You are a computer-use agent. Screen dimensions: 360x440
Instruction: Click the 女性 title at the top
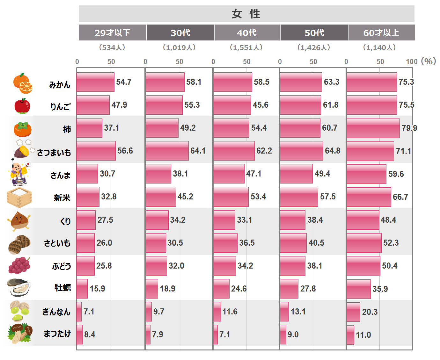click(x=246, y=14)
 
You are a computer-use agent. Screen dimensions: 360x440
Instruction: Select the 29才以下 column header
click(x=112, y=33)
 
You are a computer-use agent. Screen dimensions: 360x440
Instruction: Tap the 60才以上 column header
click(x=381, y=33)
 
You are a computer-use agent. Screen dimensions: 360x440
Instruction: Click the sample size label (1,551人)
click(x=246, y=47)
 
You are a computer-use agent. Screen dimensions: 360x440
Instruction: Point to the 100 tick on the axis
click(x=411, y=61)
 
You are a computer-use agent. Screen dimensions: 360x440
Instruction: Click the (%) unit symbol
click(x=428, y=61)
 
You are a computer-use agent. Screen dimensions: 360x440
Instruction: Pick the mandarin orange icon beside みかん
click(x=23, y=83)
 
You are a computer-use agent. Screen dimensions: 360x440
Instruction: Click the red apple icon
click(x=22, y=106)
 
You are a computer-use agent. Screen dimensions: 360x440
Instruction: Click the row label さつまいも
click(x=54, y=153)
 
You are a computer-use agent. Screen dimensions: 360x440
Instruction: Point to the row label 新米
click(x=62, y=198)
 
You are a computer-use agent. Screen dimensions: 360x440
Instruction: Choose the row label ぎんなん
click(x=56, y=312)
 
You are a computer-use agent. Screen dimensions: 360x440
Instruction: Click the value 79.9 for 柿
click(x=409, y=128)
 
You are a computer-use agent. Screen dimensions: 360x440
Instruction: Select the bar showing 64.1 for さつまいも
click(x=167, y=151)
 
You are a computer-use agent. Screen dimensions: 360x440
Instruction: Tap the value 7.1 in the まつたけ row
click(x=224, y=335)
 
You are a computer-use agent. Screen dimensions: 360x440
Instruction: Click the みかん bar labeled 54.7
click(x=95, y=82)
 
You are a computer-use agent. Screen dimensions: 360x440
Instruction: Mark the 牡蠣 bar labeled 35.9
click(x=358, y=289)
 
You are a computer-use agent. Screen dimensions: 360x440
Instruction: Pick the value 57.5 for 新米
click(x=328, y=197)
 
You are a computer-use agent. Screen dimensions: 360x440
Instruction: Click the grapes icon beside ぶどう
click(x=19, y=265)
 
